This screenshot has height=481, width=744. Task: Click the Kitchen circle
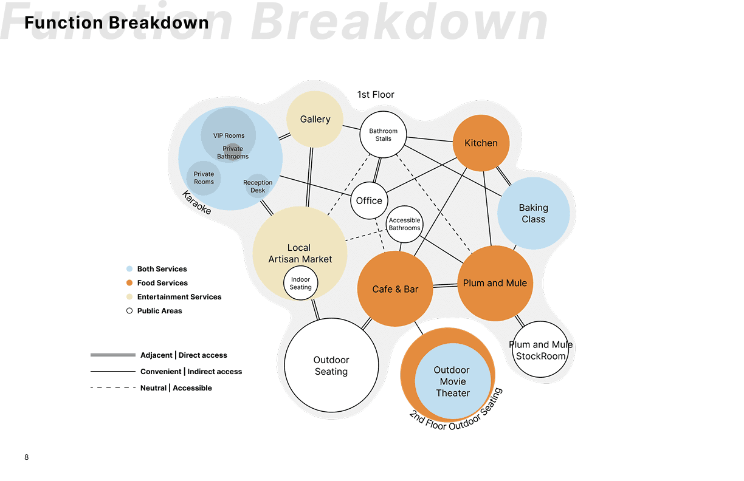tap(481, 143)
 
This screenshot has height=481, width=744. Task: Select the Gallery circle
tap(315, 119)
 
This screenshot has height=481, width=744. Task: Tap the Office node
tap(369, 200)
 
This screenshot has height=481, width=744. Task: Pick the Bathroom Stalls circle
tap(383, 134)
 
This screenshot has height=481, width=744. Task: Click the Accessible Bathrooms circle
tap(404, 224)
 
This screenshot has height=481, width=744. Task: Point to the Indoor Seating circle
tap(300, 284)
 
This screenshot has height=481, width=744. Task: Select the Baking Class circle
tap(533, 213)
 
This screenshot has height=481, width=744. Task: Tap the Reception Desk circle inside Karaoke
tap(258, 186)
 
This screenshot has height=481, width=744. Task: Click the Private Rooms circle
tap(204, 177)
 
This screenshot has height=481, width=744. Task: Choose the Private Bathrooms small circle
tap(233, 152)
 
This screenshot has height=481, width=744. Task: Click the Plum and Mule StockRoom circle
tap(540, 350)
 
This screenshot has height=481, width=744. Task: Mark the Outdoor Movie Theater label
tap(452, 381)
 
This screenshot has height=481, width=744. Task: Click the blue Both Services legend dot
tap(129, 269)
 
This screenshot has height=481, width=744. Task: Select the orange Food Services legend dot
tap(129, 283)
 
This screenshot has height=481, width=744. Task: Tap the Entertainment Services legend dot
tap(129, 297)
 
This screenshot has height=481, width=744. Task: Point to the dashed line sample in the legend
tap(112, 388)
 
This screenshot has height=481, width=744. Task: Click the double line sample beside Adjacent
tap(112, 355)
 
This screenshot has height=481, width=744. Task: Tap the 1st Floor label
tap(376, 95)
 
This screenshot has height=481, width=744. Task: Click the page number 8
tap(26, 457)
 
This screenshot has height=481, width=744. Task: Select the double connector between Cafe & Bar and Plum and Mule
tap(446, 285)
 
